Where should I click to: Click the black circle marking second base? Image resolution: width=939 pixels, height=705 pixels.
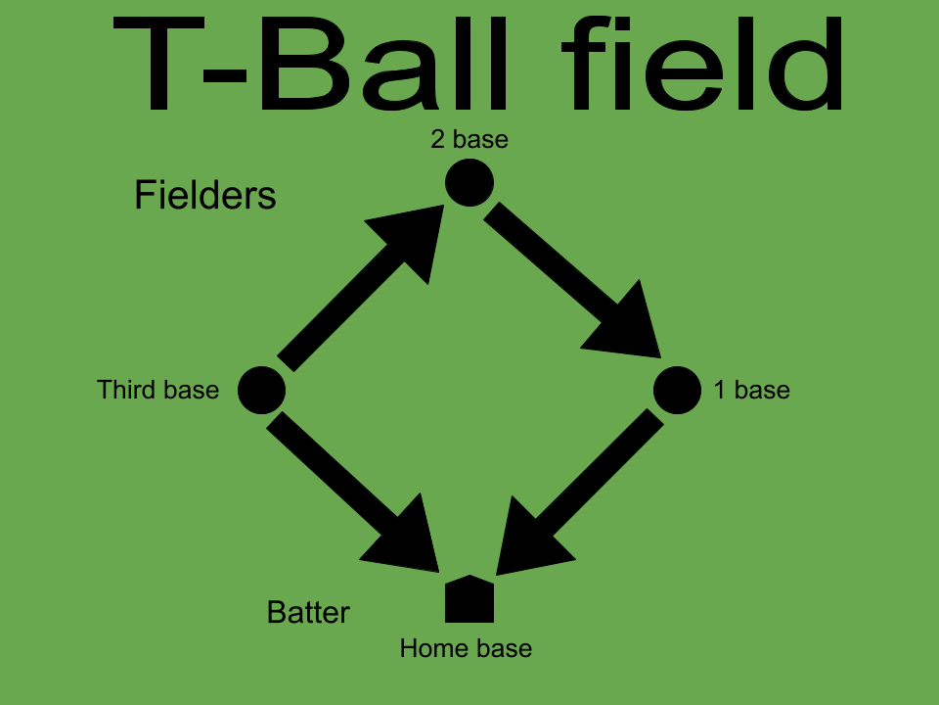point(469,182)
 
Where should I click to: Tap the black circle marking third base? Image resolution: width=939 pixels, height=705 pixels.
point(262,390)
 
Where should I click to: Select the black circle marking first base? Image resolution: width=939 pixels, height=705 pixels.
point(677,390)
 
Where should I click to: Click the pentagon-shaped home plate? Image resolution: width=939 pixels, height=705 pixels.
point(469,599)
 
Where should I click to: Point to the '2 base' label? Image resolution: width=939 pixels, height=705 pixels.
point(469,139)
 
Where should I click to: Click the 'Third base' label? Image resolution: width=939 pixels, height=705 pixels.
point(158,390)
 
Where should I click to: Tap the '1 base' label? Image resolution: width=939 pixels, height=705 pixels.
point(752,390)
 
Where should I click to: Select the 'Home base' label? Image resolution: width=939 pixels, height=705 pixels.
point(466,648)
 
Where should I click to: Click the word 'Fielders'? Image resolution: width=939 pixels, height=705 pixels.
point(205,195)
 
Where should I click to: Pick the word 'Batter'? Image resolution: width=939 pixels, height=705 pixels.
point(308,612)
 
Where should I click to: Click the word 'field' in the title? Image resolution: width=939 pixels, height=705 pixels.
point(702,64)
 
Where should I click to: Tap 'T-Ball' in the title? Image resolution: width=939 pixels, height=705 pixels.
point(311,64)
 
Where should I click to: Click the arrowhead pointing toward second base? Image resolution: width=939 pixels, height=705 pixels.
point(413,239)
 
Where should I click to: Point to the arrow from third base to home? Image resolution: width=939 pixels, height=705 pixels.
point(352,492)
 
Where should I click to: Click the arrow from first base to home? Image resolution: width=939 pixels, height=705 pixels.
point(580,493)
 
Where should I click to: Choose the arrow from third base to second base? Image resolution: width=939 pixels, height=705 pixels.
point(361,288)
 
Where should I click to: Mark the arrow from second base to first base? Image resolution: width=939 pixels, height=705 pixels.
point(572,280)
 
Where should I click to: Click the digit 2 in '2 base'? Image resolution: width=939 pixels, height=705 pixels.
point(438,139)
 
